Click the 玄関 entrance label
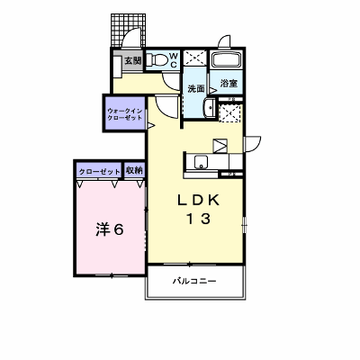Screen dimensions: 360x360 click(x=133, y=61)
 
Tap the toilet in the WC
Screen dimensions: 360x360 click(x=157, y=59)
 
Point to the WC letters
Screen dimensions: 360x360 click(x=174, y=60)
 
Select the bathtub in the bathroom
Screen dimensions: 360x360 click(x=227, y=59)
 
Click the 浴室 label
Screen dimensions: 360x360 click(x=229, y=84)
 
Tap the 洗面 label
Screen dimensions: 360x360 click(x=196, y=88)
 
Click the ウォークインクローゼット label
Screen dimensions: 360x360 click(x=124, y=113)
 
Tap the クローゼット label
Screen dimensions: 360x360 click(x=100, y=172)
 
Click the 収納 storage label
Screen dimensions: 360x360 click(x=134, y=171)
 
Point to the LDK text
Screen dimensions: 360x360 click(x=199, y=200)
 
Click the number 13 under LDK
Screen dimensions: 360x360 click(x=199, y=219)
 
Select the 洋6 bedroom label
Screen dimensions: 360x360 click(x=110, y=229)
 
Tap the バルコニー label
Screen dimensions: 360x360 click(x=194, y=282)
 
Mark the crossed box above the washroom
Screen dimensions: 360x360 click(x=195, y=57)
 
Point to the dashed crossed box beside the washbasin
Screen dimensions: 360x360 click(x=230, y=112)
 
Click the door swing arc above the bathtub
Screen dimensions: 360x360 click(x=225, y=41)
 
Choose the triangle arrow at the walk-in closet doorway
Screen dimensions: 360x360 click(x=150, y=125)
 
